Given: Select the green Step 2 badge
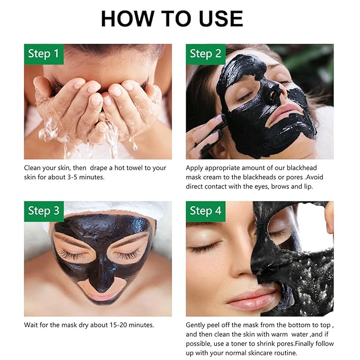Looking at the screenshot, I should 206,54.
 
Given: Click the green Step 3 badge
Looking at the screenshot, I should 44,211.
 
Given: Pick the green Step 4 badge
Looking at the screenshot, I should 206,211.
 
